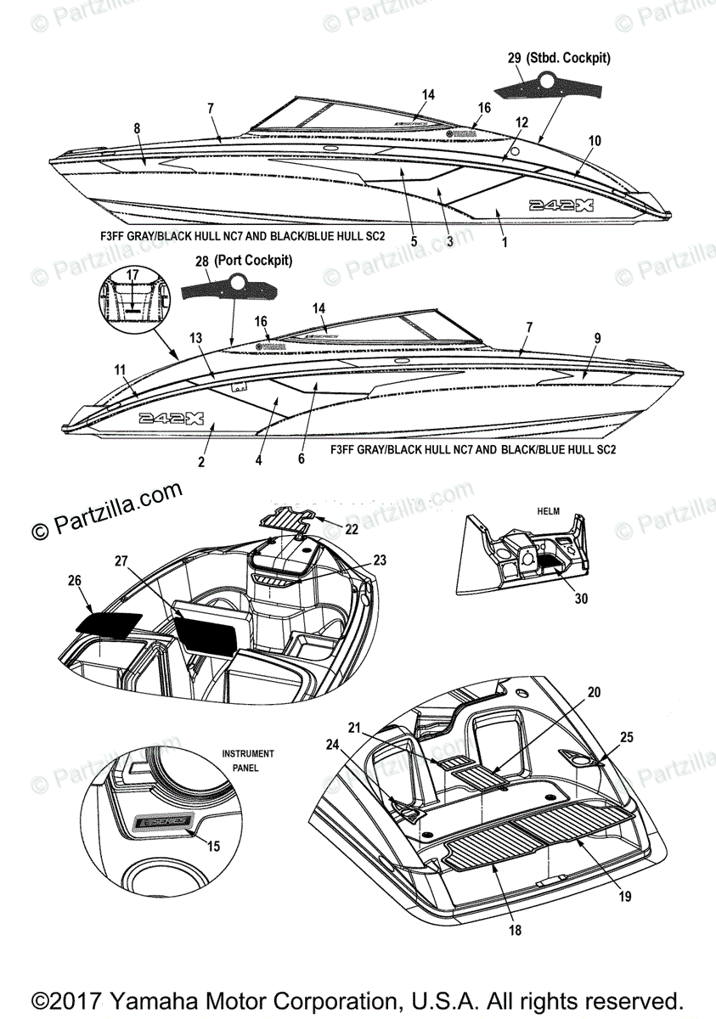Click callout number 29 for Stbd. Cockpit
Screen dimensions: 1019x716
point(515,59)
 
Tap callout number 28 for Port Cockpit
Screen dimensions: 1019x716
point(202,262)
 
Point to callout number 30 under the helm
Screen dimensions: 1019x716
point(580,599)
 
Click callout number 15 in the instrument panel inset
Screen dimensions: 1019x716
point(213,846)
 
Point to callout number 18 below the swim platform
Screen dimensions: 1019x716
point(515,930)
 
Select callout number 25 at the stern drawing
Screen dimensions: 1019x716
point(626,738)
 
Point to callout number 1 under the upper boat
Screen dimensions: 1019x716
point(505,244)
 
